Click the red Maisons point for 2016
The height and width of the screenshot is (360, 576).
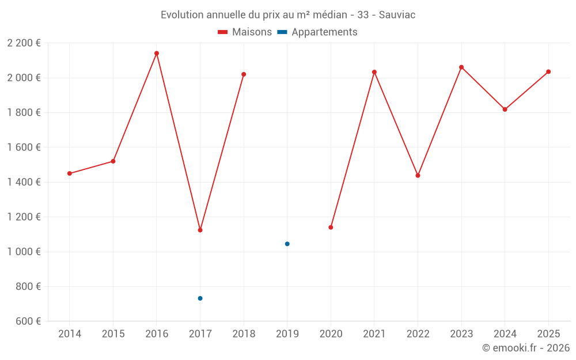[x=157, y=54]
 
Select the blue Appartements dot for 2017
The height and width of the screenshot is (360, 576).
[x=200, y=298]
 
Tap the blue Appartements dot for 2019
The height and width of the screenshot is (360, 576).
[x=287, y=244]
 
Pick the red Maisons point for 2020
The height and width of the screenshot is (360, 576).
[x=331, y=228]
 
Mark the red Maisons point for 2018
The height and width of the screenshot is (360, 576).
[x=244, y=74]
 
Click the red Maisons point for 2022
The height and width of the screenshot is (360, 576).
[x=418, y=176]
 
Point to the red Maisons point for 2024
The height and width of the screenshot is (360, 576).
[x=505, y=109]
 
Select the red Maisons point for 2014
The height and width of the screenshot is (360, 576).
[x=70, y=173]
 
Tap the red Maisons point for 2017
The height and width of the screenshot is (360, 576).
[x=200, y=230]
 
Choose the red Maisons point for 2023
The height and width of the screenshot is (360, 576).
[x=461, y=67]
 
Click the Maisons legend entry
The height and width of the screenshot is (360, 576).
[x=245, y=32]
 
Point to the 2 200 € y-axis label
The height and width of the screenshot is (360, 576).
[x=24, y=43]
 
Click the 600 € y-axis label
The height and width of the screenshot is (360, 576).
[x=29, y=321]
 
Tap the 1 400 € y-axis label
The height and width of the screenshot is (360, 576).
[x=24, y=182]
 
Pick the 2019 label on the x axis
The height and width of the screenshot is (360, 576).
[x=287, y=334]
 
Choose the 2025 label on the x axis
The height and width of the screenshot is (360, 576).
[x=548, y=334]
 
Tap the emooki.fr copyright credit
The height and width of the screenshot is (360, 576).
[x=526, y=348]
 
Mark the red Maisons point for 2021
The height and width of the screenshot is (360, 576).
[x=374, y=72]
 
